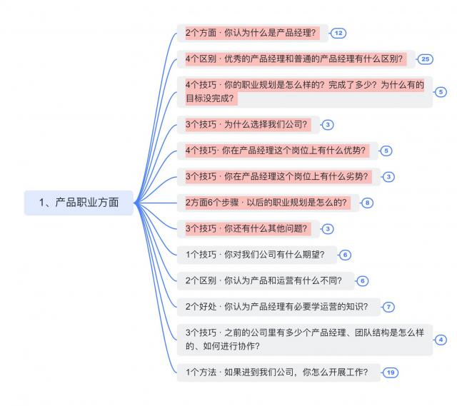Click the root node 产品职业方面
tap(79, 203)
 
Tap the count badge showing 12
tap(338, 34)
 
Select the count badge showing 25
tap(426, 59)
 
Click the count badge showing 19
tap(391, 372)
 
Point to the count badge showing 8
tap(367, 203)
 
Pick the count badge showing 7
tap(388, 307)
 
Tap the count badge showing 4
tap(441, 340)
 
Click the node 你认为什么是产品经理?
tap(252, 33)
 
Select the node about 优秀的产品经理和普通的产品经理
tap(296, 59)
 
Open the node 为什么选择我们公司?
tap(248, 125)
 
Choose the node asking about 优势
tap(277, 151)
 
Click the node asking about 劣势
tap(278, 177)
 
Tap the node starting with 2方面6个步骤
tap(268, 203)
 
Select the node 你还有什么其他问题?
tap(248, 229)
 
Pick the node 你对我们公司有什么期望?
tap(257, 255)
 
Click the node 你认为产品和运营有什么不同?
tap(266, 280)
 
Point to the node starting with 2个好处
tap(278, 307)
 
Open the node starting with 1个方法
tap(278, 372)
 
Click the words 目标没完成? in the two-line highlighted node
tap(210, 98)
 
